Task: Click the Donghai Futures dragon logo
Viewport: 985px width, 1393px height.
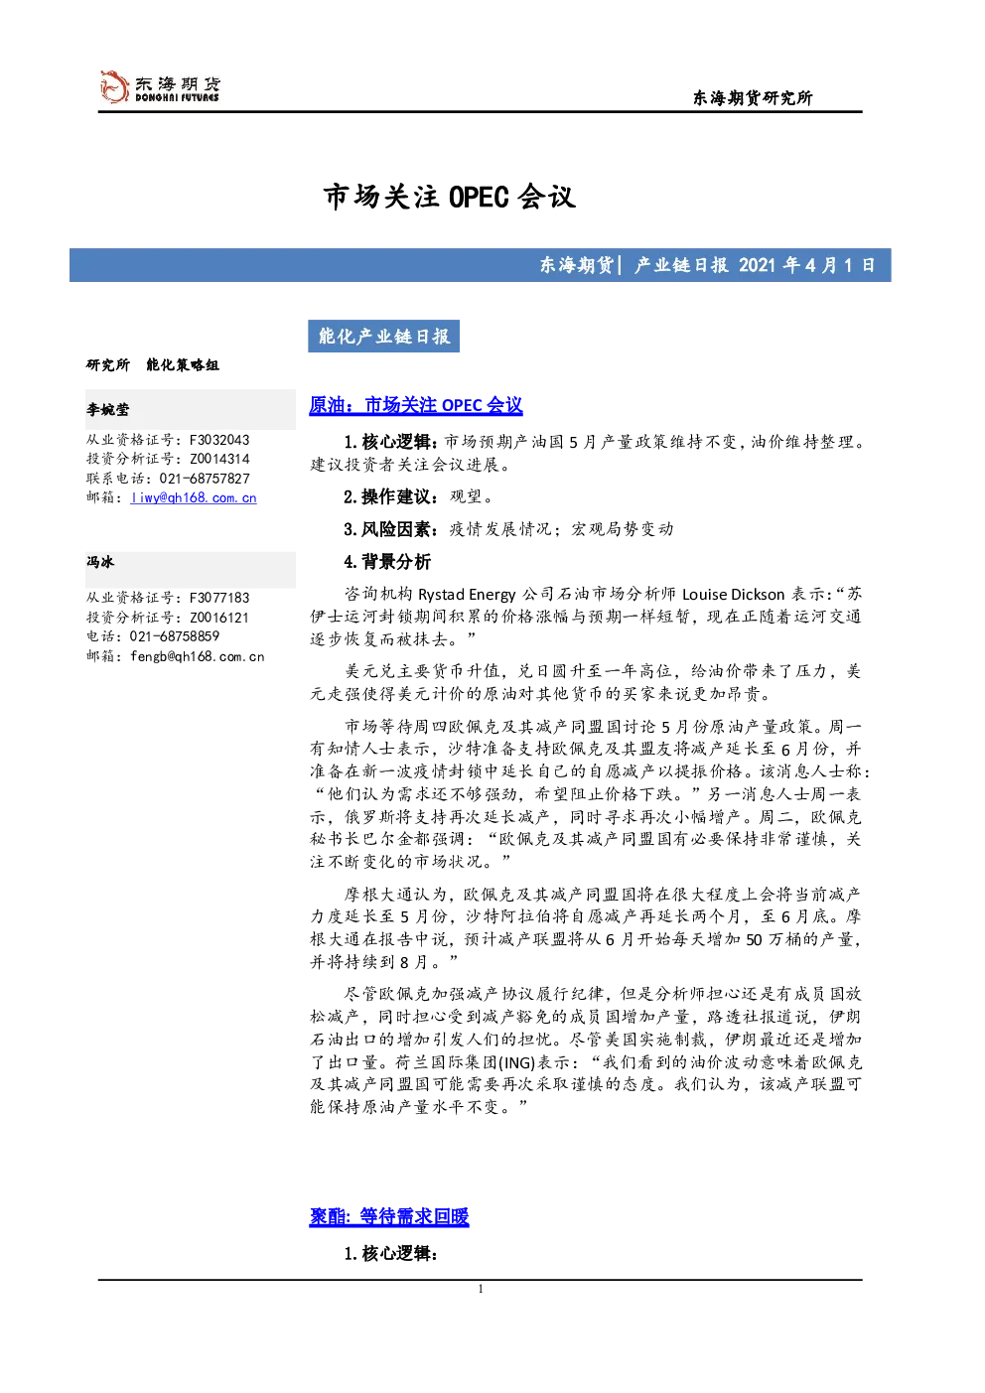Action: tap(114, 86)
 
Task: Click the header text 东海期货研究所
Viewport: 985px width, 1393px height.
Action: tap(753, 97)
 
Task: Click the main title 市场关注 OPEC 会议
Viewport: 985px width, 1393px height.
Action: tap(450, 197)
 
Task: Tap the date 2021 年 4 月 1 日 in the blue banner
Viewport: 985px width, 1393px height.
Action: tap(806, 265)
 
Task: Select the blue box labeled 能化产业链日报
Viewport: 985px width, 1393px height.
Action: tap(383, 337)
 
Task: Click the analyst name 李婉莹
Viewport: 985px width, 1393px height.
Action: tap(107, 409)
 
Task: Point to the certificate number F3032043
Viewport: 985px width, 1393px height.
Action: tap(219, 440)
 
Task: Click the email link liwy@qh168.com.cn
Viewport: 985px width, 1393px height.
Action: tap(194, 497)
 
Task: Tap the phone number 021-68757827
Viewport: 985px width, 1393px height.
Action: tap(205, 479)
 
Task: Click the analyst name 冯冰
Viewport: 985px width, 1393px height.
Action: tap(100, 562)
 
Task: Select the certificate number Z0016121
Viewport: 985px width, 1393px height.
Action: tap(219, 617)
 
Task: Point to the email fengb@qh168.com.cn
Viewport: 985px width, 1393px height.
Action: tap(198, 656)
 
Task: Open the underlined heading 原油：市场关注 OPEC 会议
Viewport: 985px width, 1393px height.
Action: tap(416, 405)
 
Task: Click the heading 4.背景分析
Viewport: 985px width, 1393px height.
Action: tap(387, 562)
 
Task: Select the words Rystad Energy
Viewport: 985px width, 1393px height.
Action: tap(467, 595)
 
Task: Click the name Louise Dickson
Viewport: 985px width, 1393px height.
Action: tap(733, 595)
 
